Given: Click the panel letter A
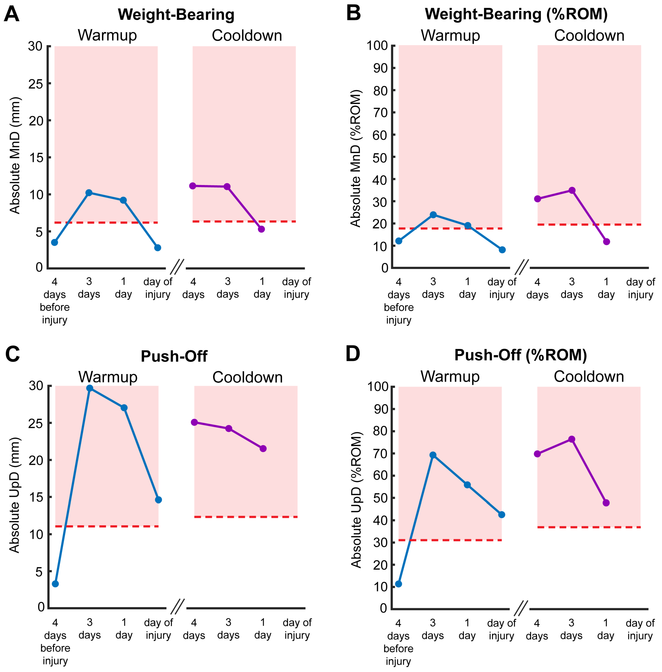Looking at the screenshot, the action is (12, 14).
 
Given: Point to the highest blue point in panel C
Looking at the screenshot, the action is (90, 388).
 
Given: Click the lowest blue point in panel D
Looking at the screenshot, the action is (398, 584).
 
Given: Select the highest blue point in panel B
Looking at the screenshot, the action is (433, 215).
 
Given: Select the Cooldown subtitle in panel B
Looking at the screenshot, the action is (589, 35).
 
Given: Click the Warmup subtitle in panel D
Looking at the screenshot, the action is (450, 376).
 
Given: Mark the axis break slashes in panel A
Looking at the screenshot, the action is (177, 267).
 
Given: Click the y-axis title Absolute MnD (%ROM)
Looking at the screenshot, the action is (356, 159).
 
